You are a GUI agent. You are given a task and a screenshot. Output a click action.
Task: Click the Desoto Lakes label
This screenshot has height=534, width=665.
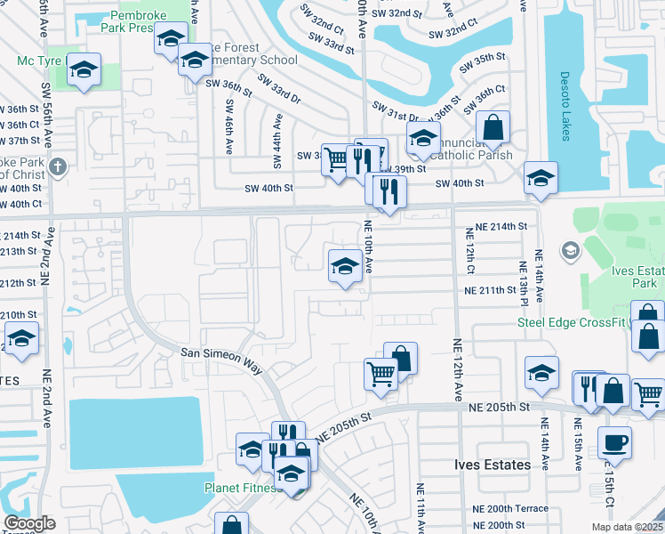[564, 106]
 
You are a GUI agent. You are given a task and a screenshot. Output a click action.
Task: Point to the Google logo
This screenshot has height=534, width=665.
[29, 522]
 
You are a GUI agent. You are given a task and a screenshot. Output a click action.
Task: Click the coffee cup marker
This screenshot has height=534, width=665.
[613, 442]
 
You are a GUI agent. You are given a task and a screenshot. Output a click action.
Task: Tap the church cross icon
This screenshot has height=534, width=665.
[58, 166]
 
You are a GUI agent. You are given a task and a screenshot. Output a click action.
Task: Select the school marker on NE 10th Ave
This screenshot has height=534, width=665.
[345, 265]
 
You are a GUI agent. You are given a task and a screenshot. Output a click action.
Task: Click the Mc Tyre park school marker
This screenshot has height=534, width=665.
[84, 69]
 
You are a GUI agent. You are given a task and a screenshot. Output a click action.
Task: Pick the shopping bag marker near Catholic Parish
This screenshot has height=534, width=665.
[493, 127]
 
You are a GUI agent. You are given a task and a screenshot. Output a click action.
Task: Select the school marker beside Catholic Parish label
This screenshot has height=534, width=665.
[423, 138]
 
